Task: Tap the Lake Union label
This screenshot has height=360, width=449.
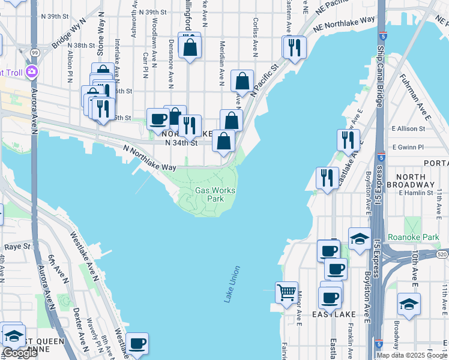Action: coord(232,284)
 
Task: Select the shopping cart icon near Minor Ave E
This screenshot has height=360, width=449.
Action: coord(287,293)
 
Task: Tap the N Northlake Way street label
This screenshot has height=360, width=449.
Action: coord(150,158)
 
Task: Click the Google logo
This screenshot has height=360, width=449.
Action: coord(20,353)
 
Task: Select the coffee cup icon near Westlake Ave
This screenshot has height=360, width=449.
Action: coord(137,343)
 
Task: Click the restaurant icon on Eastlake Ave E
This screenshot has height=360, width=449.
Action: coord(348,140)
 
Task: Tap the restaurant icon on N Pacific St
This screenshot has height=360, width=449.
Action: coord(294,47)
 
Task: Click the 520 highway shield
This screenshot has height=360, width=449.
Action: coord(442,255)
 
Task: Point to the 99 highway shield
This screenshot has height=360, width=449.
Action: coord(35,53)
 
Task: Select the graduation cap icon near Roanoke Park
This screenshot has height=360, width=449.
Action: coord(359,239)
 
